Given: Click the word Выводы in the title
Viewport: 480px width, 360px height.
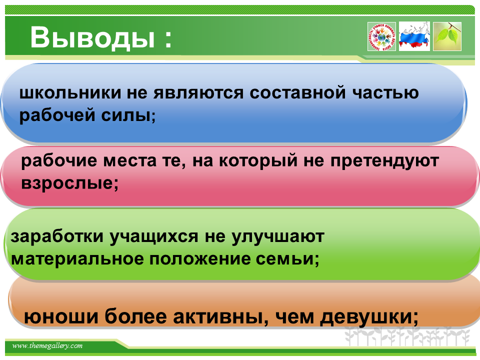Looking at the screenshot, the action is pos(92,37).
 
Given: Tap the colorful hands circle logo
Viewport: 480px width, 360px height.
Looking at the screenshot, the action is pos(381,36).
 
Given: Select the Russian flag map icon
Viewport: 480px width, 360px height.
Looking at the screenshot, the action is pos(414,36).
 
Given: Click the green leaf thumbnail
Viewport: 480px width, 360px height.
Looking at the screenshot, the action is pos(447,36).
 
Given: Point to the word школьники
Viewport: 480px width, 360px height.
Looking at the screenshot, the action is pos(70,92).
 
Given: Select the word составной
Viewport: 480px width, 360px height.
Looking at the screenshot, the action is pos(297,92).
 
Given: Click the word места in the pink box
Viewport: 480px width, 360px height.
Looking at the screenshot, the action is pos(130,160).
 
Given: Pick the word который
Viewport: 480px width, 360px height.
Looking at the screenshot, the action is pos(258,161).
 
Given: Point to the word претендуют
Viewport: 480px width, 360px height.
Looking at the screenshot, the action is pos(385,161).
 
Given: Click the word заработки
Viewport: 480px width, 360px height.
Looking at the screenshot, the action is pos(57,236).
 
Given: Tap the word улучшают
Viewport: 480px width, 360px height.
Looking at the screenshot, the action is pos(277,237).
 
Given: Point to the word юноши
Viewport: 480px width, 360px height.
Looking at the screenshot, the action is pos(61,316).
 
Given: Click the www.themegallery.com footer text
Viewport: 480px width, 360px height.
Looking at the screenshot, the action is pos(47,346).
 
